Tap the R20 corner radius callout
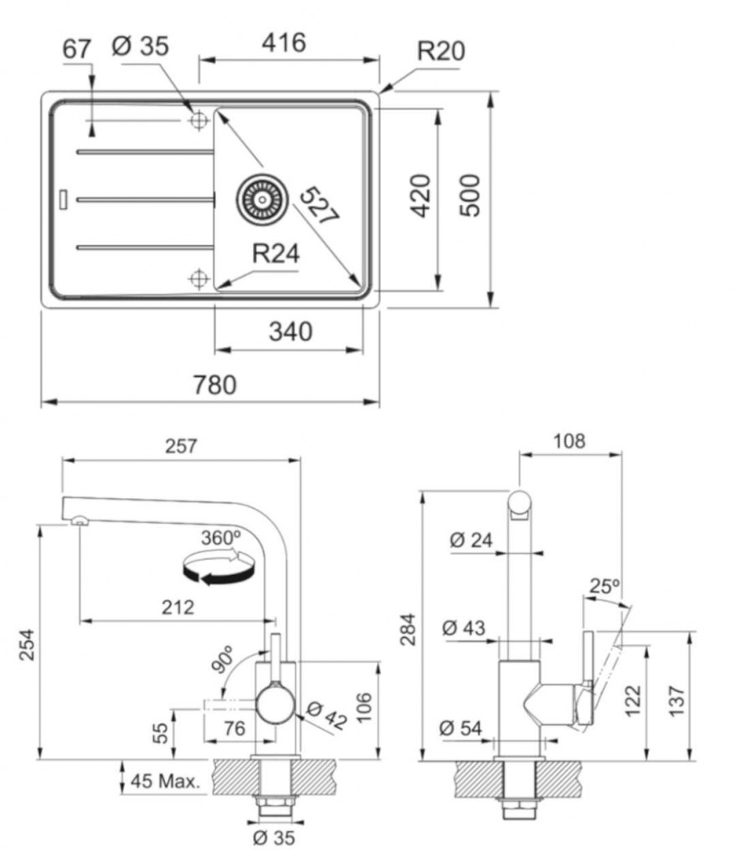(440, 51)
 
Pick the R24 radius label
(275, 254)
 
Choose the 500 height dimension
(472, 195)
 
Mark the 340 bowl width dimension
(290, 331)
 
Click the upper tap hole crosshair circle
(198, 121)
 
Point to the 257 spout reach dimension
(181, 447)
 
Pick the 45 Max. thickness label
(166, 783)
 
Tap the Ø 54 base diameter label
(461, 728)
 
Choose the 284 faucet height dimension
(409, 626)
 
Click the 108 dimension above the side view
(569, 441)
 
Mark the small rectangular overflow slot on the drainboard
(65, 198)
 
